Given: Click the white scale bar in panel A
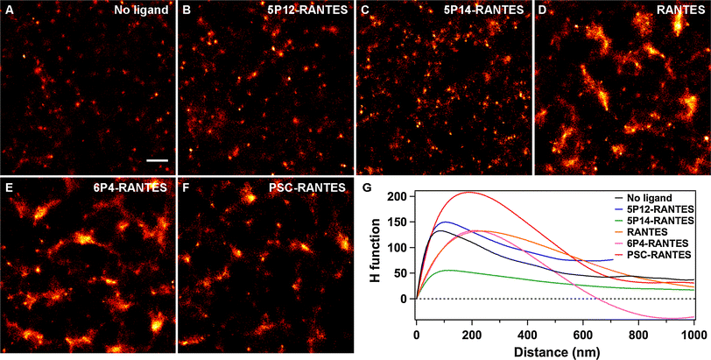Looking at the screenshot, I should pos(157,160).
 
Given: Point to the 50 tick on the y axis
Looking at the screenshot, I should pos(404,273).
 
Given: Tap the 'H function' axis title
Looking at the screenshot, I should pos(377,248).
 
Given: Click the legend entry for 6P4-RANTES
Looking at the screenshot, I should pos(656,242).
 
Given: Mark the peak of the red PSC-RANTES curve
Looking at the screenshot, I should pos(471,192).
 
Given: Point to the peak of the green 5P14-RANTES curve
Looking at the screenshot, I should pos(448,270).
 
